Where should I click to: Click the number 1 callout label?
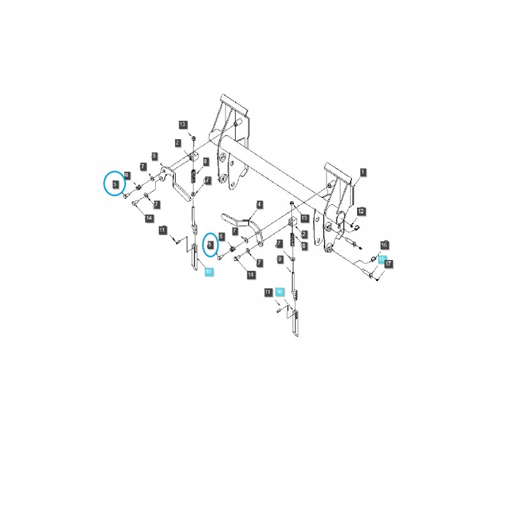coord(363,172)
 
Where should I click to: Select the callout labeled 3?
coord(155,155)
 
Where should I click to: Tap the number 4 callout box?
coord(259,205)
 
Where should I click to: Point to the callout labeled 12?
coord(361,210)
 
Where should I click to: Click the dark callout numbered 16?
coord(384,245)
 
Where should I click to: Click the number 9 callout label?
coord(279,259)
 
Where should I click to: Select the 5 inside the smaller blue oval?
coord(210,244)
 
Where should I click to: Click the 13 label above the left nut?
coord(183,124)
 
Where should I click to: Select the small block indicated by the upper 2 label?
coord(194,155)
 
